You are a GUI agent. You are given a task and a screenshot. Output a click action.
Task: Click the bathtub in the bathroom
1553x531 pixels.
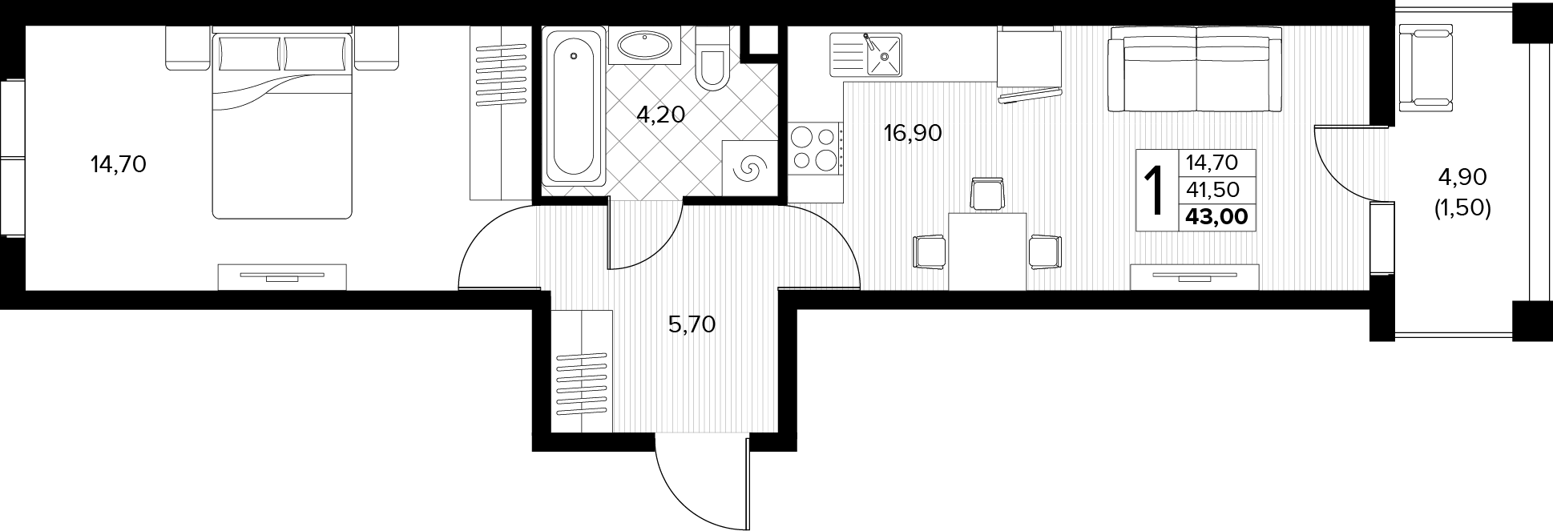pos(574,107)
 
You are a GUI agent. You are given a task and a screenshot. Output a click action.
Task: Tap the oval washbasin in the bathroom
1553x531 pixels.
pos(644,45)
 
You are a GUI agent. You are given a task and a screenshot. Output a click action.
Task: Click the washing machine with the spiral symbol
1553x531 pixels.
pos(750,168)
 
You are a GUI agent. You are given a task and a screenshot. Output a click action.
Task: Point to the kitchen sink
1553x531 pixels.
pos(865,54)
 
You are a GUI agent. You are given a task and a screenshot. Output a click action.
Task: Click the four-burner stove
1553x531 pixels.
pos(815,148)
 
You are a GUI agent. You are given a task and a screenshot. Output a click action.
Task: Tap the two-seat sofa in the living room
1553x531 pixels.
pos(1196,70)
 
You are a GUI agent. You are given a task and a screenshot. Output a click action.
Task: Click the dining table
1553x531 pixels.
pos(987,251)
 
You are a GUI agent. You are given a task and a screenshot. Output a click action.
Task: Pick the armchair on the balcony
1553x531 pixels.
pos(1421,68)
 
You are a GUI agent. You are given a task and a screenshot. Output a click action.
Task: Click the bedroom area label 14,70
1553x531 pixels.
pos(119,166)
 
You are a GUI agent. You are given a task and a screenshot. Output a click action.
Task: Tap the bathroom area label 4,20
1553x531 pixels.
pos(660,115)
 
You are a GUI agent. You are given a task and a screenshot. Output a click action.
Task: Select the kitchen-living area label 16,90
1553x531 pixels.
pos(913,133)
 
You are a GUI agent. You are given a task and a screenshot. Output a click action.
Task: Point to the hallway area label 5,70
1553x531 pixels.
pos(692,324)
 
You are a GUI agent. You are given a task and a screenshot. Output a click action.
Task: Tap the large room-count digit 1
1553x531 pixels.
pos(1156,191)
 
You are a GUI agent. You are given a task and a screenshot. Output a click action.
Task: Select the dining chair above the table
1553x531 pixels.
pos(986,195)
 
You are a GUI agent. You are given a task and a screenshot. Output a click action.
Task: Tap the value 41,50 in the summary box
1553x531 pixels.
pos(1213,189)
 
